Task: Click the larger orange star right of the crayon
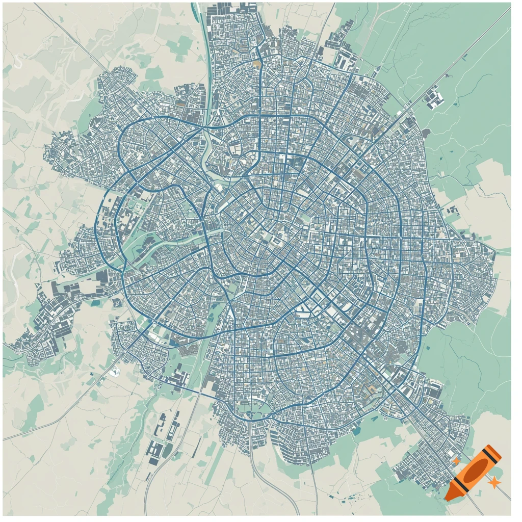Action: coord(493,481)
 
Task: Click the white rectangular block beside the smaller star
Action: coord(451,453)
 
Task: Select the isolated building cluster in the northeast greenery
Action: coord(434,99)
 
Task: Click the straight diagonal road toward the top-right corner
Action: coord(459,56)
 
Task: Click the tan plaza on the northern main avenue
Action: coord(256,65)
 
